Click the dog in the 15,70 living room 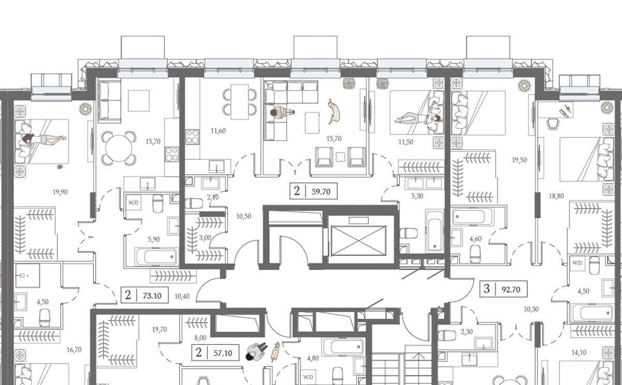click(334, 112)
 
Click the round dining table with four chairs click(119, 148)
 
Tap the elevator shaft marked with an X click(359, 241)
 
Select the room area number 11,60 click(218, 131)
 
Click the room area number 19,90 click(60, 192)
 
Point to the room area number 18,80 click(556, 196)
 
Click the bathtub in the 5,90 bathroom click(156, 256)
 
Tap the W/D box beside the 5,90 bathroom click(134, 203)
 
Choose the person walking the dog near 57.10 click(256, 351)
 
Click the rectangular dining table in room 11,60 click(240, 102)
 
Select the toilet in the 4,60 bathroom click(475, 254)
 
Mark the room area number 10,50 click(244, 217)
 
